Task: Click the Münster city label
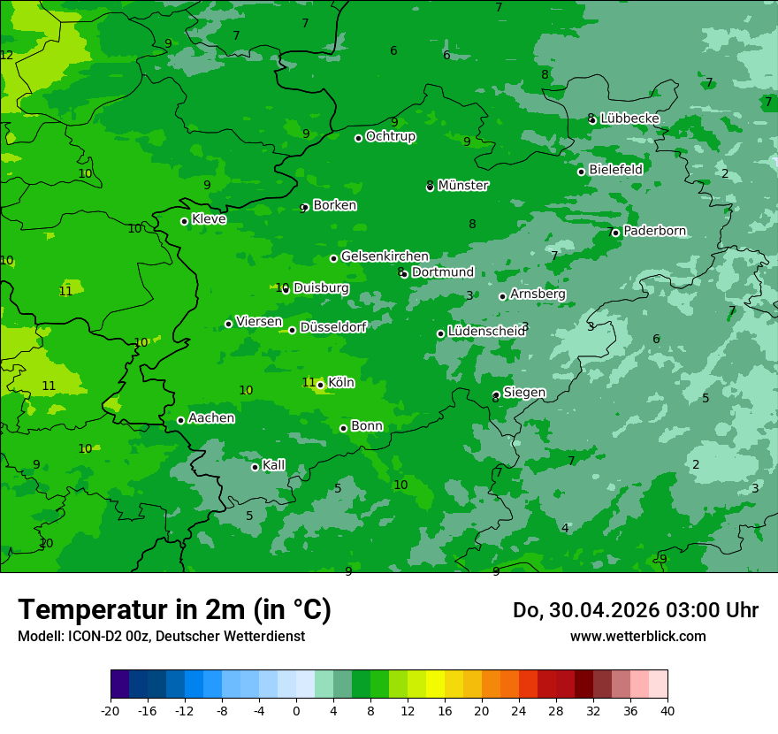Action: [463, 186]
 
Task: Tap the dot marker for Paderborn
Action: [615, 233]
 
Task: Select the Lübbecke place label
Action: [629, 119]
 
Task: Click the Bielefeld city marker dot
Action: [581, 172]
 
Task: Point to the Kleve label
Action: [209, 219]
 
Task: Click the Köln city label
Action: [341, 383]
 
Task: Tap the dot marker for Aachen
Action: [180, 420]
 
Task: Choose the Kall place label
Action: [274, 465]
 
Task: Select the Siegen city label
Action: [524, 393]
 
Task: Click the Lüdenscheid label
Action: [486, 332]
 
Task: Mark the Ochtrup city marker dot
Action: [358, 138]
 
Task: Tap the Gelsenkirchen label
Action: [385, 256]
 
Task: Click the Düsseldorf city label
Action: [333, 327]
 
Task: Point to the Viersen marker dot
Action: [228, 324]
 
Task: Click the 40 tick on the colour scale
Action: [667, 710]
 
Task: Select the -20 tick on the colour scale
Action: [111, 710]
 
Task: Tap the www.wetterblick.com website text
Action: [637, 636]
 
